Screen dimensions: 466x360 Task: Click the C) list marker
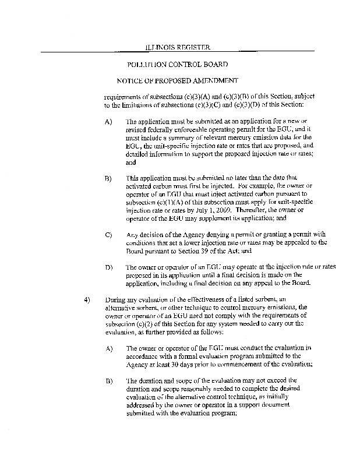click(x=108, y=235)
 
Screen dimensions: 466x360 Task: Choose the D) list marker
click(x=108, y=267)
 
